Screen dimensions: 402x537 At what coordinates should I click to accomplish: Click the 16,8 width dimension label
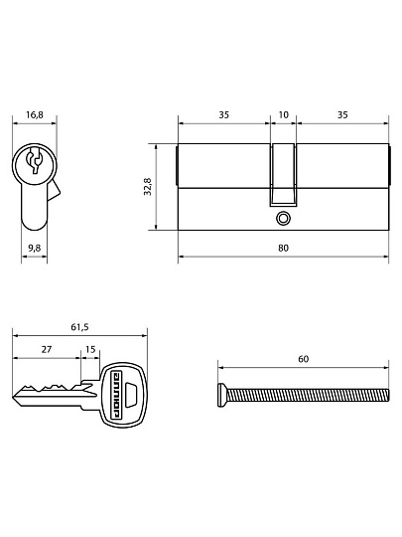[x=35, y=114]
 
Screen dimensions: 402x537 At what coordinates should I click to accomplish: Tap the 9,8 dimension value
[x=35, y=248]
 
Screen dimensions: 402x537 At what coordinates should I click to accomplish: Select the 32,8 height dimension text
[x=148, y=187]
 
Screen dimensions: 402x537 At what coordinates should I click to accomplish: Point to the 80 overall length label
[x=283, y=248]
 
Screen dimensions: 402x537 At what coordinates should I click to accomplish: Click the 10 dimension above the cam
[x=283, y=114]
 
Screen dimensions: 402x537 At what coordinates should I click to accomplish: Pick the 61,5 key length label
[x=79, y=327]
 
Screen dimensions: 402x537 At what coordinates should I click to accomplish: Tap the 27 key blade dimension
[x=47, y=349]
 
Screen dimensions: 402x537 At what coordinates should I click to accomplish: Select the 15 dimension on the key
[x=90, y=349]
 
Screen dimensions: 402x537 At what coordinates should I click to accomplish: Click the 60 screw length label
[x=304, y=359]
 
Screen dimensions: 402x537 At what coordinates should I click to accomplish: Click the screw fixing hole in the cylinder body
[x=283, y=218]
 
